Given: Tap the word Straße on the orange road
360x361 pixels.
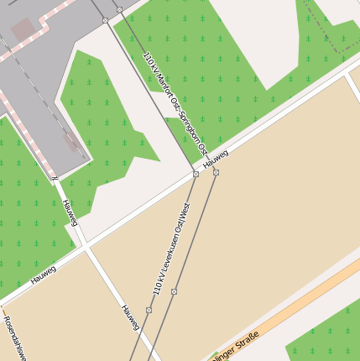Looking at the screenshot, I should tap(244, 342).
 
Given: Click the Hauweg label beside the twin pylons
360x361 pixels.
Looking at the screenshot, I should tap(216, 157).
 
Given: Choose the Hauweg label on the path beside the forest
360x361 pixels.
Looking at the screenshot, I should tap(69, 212).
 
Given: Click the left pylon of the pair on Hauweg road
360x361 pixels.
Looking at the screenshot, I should tap(196, 175).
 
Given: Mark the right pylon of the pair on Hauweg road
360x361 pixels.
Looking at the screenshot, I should tap(216, 172).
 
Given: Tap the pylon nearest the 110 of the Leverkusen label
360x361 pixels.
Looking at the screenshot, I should tap(149, 310).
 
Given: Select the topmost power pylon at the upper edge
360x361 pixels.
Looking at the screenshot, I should tap(119, 9).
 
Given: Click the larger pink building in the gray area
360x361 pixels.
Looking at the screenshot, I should tap(24, 30).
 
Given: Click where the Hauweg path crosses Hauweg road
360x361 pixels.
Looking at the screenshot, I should tap(84, 246).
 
